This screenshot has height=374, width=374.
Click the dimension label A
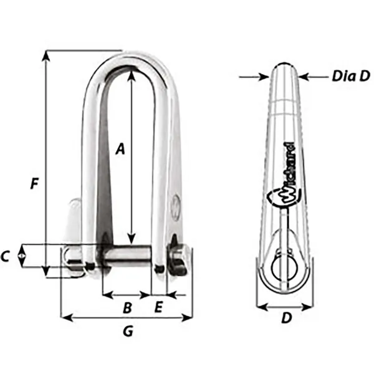[121, 148]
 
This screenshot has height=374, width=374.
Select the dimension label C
[6, 256]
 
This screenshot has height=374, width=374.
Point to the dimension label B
[127, 307]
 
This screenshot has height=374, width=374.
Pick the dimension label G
[127, 332]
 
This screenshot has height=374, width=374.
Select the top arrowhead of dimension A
[131, 76]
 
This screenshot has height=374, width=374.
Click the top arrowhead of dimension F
[46, 55]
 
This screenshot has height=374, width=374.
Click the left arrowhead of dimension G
[63, 318]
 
